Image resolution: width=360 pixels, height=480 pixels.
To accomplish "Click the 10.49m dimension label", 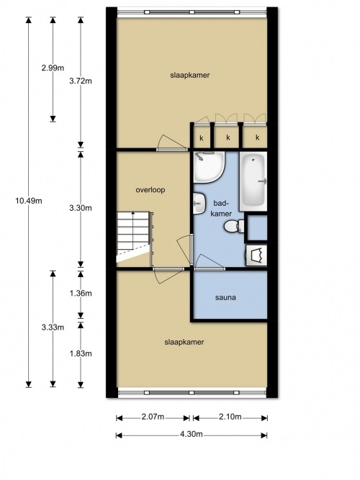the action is [x=29, y=201].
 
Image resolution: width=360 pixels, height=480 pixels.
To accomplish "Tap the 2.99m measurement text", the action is [x=53, y=68].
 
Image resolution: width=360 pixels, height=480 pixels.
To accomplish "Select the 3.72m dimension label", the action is [x=80, y=81].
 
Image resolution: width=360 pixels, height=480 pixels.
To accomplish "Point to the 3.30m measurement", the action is [x=80, y=208].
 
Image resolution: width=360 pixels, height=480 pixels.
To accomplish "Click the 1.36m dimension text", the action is [x=80, y=294].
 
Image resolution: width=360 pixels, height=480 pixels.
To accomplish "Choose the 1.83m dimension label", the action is [x=80, y=353].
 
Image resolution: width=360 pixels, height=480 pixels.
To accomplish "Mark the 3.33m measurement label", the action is [x=53, y=327].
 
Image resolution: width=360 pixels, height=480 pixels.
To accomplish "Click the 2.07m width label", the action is [x=153, y=417].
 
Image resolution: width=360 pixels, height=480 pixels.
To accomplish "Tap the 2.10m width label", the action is [x=230, y=417].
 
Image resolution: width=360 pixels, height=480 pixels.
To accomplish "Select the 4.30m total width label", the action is [x=192, y=434].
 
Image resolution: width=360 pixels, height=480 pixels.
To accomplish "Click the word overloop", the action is [x=150, y=190].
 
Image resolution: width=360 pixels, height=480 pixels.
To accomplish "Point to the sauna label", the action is [x=225, y=297].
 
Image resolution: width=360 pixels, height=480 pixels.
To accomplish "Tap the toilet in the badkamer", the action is [x=234, y=227].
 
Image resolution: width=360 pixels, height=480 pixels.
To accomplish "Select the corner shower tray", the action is [x=210, y=167].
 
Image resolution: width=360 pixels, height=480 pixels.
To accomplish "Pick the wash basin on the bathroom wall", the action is [x=199, y=203].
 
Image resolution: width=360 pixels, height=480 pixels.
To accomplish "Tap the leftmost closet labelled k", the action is [x=202, y=137].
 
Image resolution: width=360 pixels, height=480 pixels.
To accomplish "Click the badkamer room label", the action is [x=222, y=209].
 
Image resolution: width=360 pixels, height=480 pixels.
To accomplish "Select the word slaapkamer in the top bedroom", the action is [x=190, y=75].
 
